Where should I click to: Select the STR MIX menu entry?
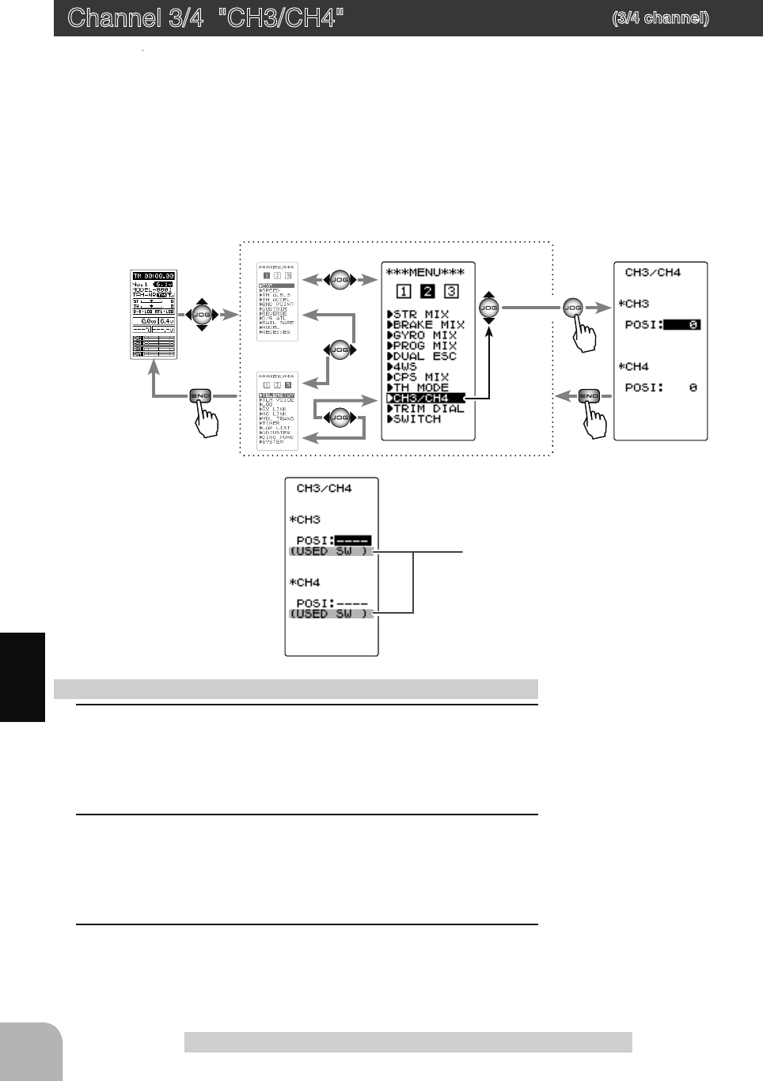(x=419, y=315)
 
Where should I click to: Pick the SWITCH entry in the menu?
(x=415, y=419)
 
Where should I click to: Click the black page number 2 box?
(x=427, y=292)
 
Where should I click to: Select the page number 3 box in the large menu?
(x=451, y=292)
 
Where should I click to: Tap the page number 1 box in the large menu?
(x=404, y=292)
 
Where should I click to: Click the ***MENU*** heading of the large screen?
(x=425, y=273)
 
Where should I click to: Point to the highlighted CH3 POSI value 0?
(x=682, y=325)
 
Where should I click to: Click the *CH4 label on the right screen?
(x=634, y=367)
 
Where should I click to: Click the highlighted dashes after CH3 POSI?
(x=353, y=541)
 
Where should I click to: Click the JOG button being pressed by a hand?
(x=572, y=308)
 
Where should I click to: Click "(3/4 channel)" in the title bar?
(x=660, y=18)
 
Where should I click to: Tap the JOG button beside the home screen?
(x=202, y=315)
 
